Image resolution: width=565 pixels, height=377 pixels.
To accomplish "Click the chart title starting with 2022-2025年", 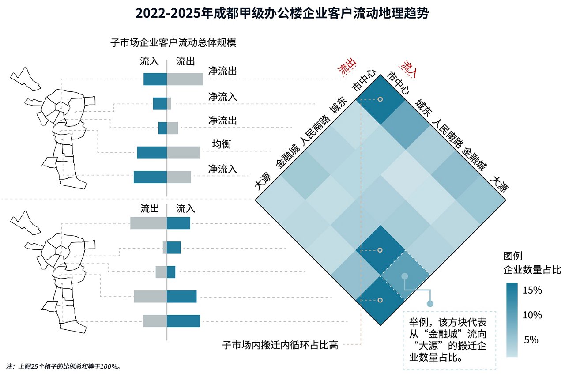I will (282, 13).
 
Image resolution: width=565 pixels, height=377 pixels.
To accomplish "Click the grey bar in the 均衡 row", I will (183, 152).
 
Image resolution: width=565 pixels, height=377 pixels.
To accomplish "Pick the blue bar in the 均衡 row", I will (152, 152).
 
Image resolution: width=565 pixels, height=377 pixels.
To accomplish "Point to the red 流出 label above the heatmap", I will (346, 69).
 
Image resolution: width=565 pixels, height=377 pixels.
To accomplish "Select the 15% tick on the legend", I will (532, 290).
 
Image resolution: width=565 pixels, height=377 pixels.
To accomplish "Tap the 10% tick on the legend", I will (532, 315).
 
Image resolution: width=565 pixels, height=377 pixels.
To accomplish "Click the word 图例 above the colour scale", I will (513, 256).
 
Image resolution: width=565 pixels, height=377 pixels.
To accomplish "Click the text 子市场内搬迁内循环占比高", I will (280, 345).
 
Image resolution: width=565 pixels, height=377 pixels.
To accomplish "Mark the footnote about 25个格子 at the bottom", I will (64, 366).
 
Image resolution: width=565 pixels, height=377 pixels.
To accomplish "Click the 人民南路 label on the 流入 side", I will (448, 132).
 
